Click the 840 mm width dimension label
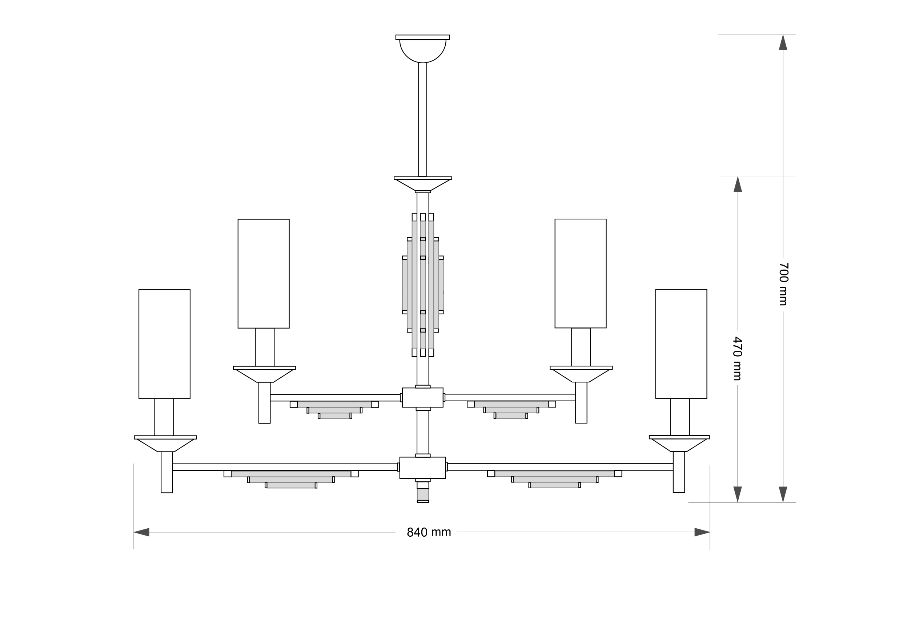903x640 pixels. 429,532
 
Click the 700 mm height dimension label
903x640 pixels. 783,284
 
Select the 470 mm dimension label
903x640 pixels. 738,358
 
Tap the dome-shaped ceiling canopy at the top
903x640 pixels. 423,49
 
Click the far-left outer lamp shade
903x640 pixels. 165,344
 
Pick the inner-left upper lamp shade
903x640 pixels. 264,274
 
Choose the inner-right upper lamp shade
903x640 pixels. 581,273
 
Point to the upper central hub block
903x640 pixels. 423,398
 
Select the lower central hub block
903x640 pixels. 423,468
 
